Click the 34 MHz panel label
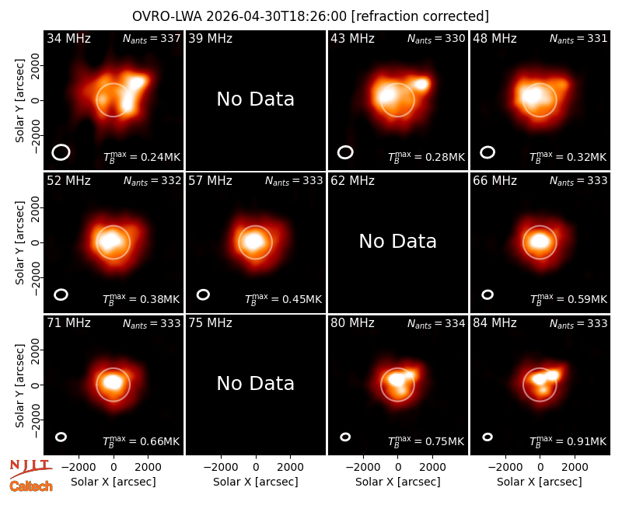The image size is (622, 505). pyautogui.click(x=68, y=38)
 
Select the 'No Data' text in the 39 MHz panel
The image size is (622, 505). pyautogui.click(x=256, y=99)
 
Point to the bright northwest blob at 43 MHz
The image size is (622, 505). pyautogui.click(x=421, y=84)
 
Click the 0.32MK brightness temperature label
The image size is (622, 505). pyautogui.click(x=568, y=156)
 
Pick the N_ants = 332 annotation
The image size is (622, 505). pyautogui.click(x=152, y=181)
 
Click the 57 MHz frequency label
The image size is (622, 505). pyautogui.click(x=210, y=181)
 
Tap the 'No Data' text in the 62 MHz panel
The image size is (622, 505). pyautogui.click(x=397, y=242)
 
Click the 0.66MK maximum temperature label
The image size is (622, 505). pyautogui.click(x=141, y=441)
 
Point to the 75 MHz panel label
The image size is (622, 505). pyautogui.click(x=210, y=323)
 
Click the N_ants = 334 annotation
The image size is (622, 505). pyautogui.click(x=436, y=323)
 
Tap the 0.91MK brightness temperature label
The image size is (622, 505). pyautogui.click(x=568, y=441)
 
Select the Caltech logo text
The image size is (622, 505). pyautogui.click(x=31, y=486)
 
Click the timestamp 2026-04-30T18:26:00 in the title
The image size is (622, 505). pyautogui.click(x=277, y=16)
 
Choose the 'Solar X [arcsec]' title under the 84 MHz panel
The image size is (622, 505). pyautogui.click(x=540, y=482)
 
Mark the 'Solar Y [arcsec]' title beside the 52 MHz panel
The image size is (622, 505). pyautogui.click(x=20, y=242)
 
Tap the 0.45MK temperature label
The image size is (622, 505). pyautogui.click(x=283, y=298)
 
